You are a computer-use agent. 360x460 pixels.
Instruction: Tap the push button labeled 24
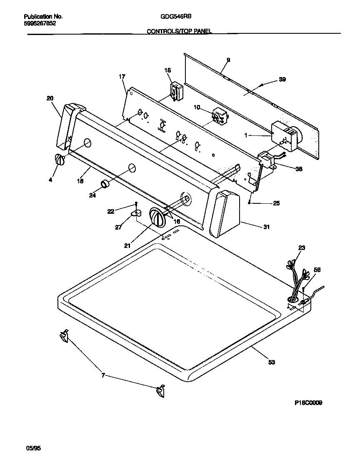[x=104, y=183]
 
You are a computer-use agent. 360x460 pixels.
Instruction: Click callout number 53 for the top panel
[x=272, y=362]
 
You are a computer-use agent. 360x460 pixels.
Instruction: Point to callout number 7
[x=102, y=376]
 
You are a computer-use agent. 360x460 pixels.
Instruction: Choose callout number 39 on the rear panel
[x=282, y=80]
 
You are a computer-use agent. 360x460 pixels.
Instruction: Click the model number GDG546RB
[x=176, y=17]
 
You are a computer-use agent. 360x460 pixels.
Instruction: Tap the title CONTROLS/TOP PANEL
[x=180, y=31]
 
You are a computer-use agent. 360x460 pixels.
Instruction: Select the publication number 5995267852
[x=40, y=24]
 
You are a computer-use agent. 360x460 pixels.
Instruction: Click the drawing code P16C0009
[x=308, y=402]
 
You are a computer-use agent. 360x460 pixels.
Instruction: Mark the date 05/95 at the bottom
[x=34, y=449]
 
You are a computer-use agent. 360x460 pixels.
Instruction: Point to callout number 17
[x=122, y=77]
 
